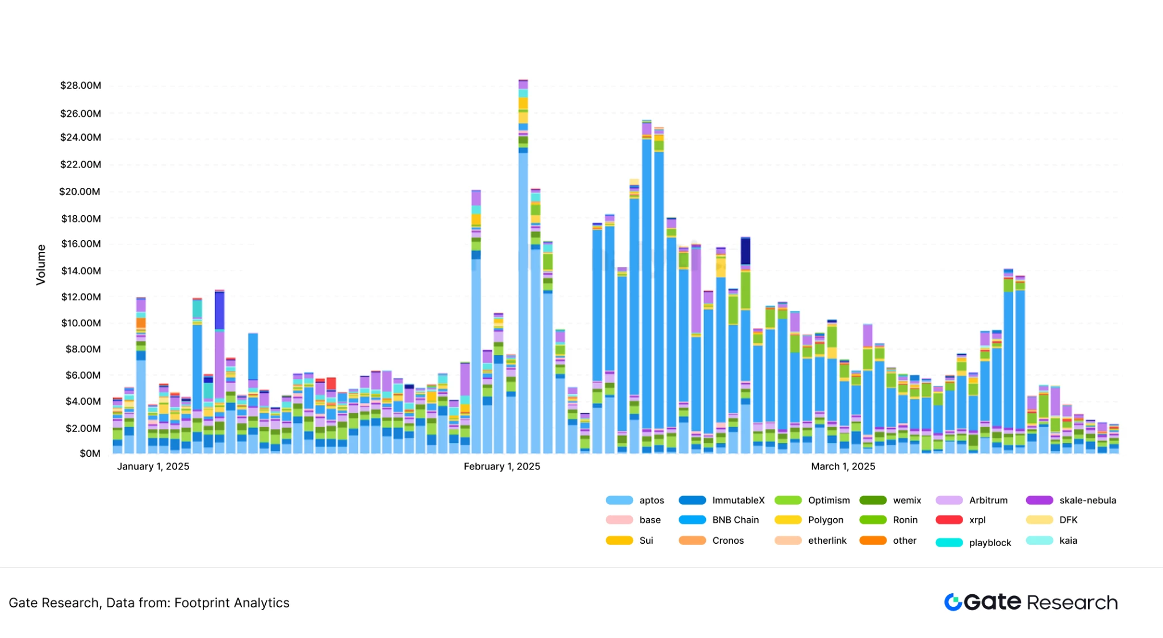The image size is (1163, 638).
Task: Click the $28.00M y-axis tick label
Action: click(x=81, y=86)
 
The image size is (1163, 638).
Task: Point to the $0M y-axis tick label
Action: click(x=90, y=454)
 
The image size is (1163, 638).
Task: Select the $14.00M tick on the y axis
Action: click(x=81, y=271)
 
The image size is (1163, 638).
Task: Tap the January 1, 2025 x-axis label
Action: click(x=153, y=467)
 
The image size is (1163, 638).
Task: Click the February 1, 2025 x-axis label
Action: click(x=502, y=467)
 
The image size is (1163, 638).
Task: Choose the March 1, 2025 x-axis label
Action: click(x=843, y=467)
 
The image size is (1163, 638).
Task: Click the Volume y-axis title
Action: click(x=41, y=265)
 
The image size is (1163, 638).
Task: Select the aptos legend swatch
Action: click(x=619, y=501)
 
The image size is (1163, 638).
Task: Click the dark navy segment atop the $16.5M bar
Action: click(x=746, y=251)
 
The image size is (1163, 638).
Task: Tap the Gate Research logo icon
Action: click(x=953, y=602)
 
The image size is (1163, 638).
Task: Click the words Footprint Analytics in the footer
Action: click(x=232, y=603)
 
